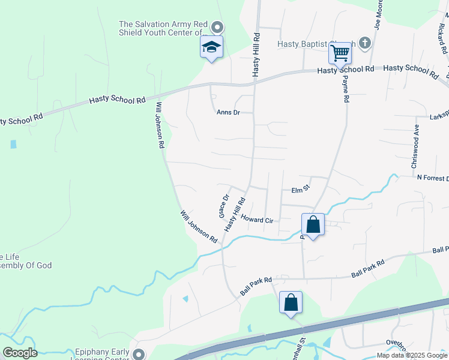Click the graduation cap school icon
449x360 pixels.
(x=211, y=47)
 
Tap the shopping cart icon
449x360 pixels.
(x=340, y=53)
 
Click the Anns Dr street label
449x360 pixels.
(x=228, y=112)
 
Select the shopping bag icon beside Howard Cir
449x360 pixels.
(x=313, y=225)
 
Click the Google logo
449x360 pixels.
(x=20, y=353)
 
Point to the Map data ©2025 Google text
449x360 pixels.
(x=411, y=355)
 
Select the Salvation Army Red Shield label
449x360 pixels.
(x=163, y=28)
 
